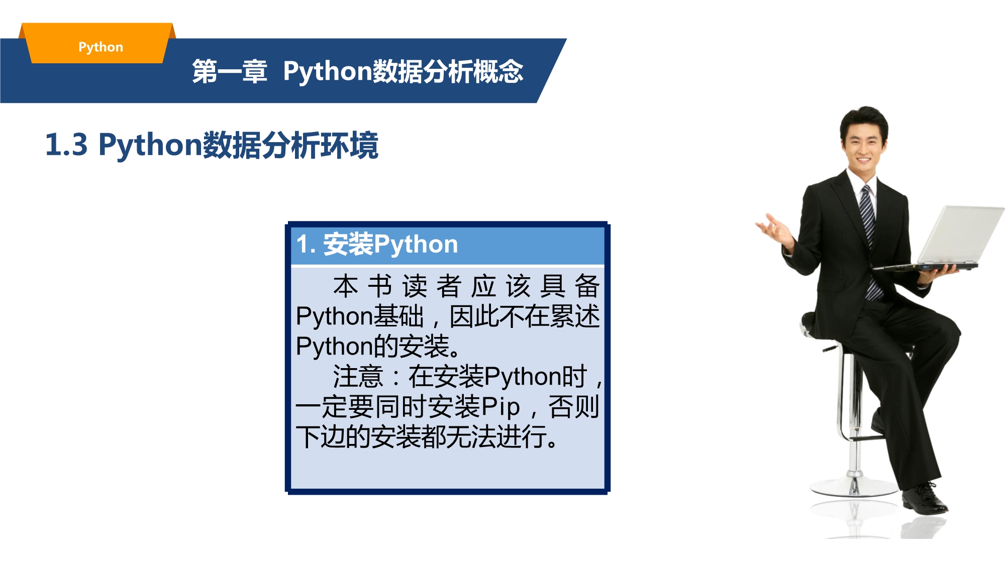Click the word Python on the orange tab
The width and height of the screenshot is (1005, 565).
[x=100, y=47]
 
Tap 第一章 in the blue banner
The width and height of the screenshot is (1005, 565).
[x=230, y=71]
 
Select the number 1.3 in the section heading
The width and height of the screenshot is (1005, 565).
[x=66, y=145]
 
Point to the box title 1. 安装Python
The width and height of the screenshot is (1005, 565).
[x=377, y=245]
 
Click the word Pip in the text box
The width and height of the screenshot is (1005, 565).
[x=500, y=407]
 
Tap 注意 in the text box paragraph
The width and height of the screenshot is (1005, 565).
[x=358, y=377]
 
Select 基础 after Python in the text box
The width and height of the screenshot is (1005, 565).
[x=398, y=316]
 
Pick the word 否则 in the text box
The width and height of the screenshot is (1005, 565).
[x=573, y=407]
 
